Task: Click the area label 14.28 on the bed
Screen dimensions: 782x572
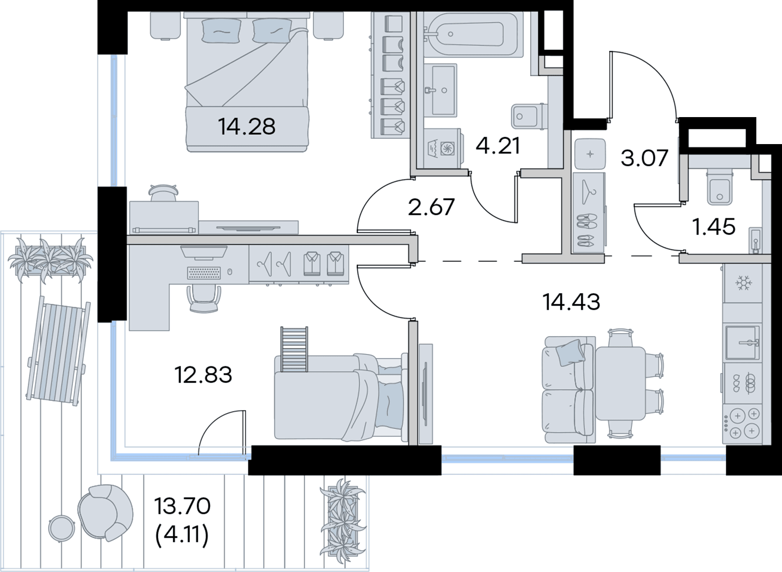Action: click(x=247, y=126)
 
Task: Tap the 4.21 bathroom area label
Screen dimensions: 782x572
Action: click(x=498, y=146)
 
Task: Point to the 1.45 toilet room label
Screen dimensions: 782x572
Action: click(x=714, y=227)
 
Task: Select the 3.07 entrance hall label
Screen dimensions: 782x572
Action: click(x=644, y=158)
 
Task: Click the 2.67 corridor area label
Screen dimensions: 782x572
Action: click(x=431, y=207)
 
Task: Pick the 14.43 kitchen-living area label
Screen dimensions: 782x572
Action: click(x=571, y=302)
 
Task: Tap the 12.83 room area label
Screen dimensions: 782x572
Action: click(x=203, y=375)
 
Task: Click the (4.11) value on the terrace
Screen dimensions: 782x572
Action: click(x=182, y=534)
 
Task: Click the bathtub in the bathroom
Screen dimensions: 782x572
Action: click(x=473, y=34)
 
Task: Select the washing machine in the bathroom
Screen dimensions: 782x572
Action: click(x=443, y=148)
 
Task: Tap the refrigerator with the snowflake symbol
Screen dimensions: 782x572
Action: click(x=743, y=284)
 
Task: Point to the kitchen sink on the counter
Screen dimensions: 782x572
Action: click(x=743, y=342)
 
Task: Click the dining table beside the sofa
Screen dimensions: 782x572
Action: click(x=620, y=383)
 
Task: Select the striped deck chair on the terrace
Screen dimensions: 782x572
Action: click(x=58, y=351)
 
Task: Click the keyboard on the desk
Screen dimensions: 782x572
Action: click(x=204, y=273)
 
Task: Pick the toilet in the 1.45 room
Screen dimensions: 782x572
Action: click(x=720, y=186)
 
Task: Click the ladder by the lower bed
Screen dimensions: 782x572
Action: click(x=294, y=349)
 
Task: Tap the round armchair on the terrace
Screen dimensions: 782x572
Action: click(x=106, y=512)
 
